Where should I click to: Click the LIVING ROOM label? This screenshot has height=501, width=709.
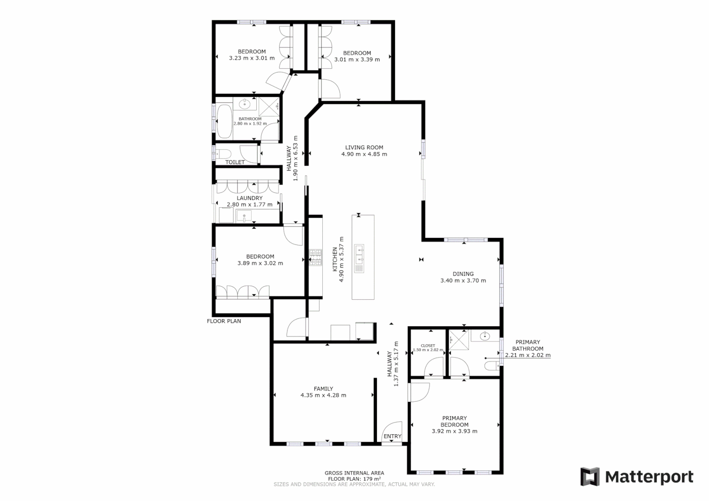click(x=364, y=148)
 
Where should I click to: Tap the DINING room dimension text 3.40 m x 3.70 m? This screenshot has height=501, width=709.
click(x=463, y=281)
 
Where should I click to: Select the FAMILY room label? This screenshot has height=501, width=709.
click(x=323, y=389)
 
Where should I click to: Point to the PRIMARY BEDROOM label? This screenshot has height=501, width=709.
click(x=455, y=421)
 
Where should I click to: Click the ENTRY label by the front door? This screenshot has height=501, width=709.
click(x=392, y=437)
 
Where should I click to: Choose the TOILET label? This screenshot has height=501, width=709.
click(x=235, y=162)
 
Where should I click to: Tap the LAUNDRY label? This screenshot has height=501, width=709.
click(x=250, y=198)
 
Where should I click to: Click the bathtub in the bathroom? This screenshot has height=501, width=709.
click(x=224, y=122)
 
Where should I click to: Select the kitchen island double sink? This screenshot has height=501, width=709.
click(x=359, y=254)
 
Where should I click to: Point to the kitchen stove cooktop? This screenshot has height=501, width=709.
click(x=316, y=258)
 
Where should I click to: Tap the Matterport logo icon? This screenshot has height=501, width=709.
click(x=590, y=477)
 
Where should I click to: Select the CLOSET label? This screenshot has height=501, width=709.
click(x=428, y=346)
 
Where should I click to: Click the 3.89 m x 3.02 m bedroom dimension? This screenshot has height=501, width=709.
click(x=260, y=263)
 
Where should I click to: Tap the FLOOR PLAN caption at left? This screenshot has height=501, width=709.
click(x=224, y=321)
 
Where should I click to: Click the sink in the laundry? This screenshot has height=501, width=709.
click(x=243, y=216)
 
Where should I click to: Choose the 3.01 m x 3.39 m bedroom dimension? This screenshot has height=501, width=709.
click(x=357, y=59)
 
